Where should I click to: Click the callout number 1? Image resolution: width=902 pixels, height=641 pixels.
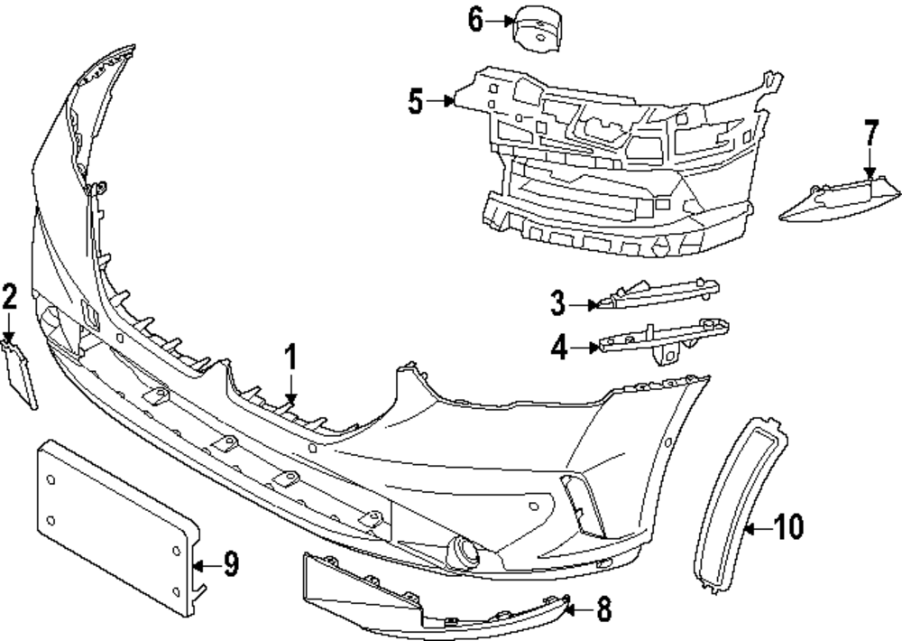[x=291, y=358]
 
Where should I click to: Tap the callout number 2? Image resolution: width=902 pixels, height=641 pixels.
[x=9, y=295]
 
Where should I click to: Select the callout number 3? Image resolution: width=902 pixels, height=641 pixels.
[x=559, y=303]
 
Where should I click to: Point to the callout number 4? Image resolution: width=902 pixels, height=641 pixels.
[x=559, y=347]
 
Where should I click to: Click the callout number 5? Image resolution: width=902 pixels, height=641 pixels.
[x=415, y=101]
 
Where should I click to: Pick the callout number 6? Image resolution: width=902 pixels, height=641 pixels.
[x=476, y=20]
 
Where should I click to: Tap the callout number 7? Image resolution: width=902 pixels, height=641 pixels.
[x=870, y=134]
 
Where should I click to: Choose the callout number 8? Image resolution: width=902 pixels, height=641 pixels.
[x=603, y=610]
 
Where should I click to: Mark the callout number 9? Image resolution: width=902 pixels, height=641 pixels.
[x=230, y=566]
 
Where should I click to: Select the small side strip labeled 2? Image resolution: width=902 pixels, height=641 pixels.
[x=22, y=372]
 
